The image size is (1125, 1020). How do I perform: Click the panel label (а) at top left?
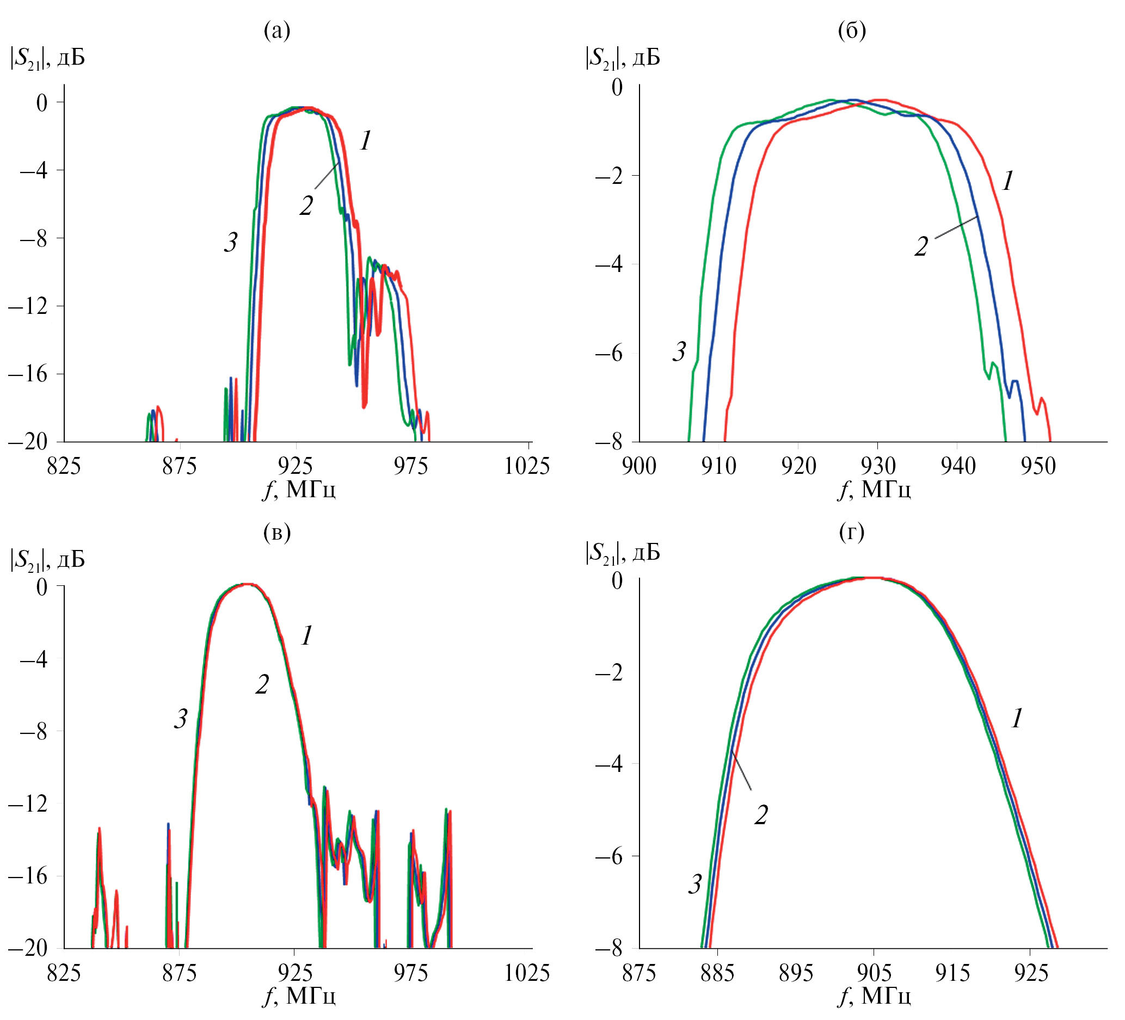[277, 31]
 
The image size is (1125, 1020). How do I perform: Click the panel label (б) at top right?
[852, 31]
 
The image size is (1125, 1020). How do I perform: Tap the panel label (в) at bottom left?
[277, 533]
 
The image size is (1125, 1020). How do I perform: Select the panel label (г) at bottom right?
[852, 533]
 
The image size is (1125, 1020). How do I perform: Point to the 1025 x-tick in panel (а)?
[527, 466]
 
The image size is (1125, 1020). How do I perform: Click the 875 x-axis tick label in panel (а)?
[180, 466]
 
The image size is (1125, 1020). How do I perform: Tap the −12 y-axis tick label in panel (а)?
[28, 306]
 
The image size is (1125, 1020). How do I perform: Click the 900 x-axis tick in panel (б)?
[639, 466]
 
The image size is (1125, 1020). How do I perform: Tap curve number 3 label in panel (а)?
[230, 242]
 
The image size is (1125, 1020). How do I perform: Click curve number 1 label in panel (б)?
[1007, 181]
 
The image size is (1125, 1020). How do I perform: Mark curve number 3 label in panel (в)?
[180, 719]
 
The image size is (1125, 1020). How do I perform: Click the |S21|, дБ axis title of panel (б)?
[622, 58]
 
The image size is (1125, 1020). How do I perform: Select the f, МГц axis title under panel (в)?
[299, 996]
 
